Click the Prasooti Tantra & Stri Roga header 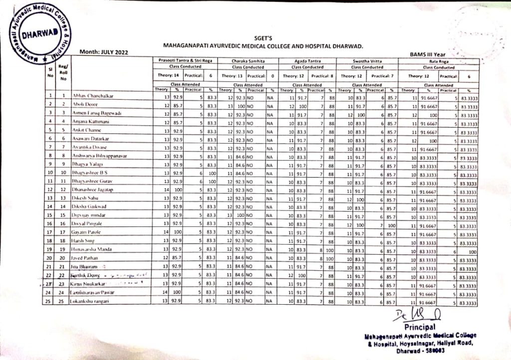[186, 60]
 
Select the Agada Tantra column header [306, 60]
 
